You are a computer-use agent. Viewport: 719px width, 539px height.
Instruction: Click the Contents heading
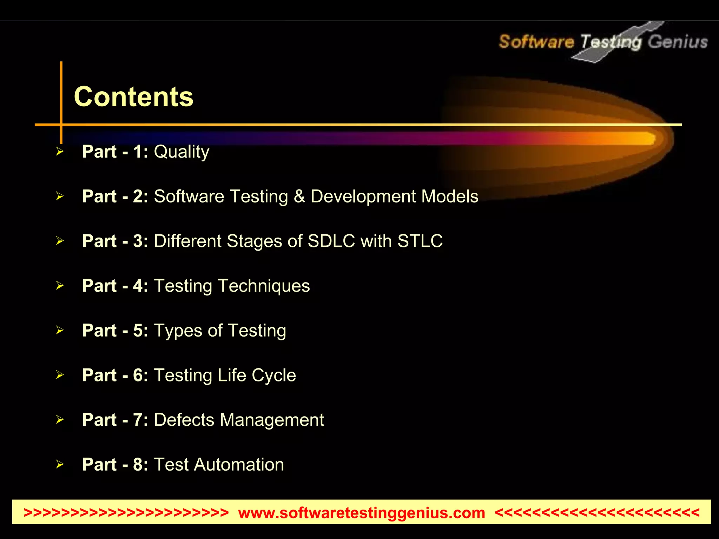(x=133, y=97)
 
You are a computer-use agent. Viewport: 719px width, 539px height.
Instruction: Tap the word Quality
(x=182, y=152)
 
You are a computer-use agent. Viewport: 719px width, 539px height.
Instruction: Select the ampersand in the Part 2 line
(x=299, y=197)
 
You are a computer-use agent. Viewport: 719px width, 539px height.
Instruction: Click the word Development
(x=363, y=197)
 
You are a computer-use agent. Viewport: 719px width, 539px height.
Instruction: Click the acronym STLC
(x=420, y=241)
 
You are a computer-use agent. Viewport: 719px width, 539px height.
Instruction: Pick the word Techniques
(x=264, y=286)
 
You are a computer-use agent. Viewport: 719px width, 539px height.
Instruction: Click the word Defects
(x=184, y=420)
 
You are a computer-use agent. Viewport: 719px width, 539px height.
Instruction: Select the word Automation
(x=239, y=465)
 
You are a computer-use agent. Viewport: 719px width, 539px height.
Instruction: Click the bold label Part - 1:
(x=115, y=152)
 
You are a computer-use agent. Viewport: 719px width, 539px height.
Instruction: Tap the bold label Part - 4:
(x=115, y=286)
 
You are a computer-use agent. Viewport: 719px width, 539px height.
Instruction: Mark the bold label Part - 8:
(x=115, y=465)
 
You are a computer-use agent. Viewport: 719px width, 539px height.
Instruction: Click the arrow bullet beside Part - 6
(x=60, y=375)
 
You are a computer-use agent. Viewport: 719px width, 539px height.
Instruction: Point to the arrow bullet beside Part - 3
(x=60, y=241)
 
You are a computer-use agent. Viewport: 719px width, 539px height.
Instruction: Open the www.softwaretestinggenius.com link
(x=361, y=513)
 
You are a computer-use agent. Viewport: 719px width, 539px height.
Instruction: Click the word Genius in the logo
(x=678, y=42)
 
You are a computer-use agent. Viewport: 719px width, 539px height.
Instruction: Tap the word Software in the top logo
(x=536, y=42)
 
